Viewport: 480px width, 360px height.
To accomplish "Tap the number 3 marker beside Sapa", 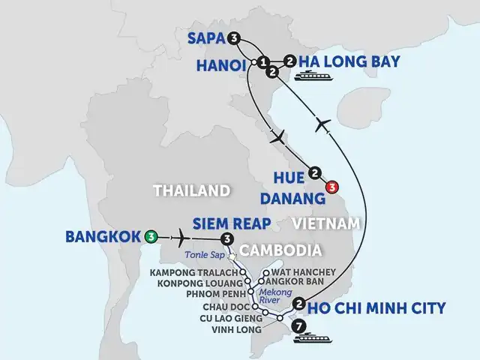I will coord(234,38).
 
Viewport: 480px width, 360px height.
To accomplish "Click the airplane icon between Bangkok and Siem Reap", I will coord(180,237).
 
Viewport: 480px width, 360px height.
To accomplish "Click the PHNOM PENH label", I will coord(211,295).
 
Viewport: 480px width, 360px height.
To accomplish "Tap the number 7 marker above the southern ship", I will coord(300,326).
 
